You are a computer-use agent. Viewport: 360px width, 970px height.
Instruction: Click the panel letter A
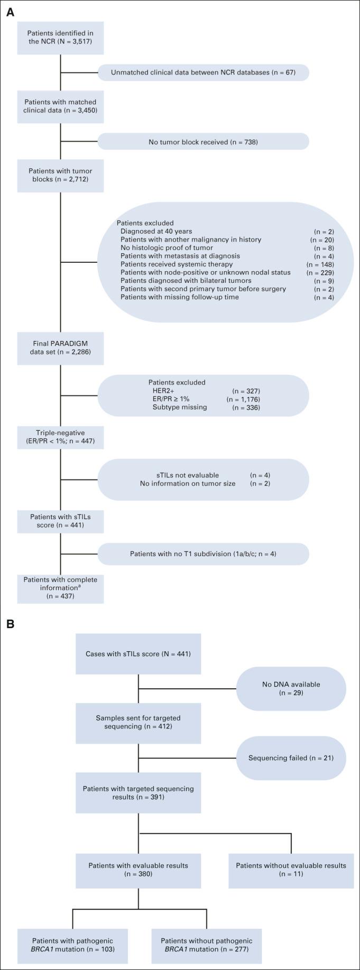pyautogui.click(x=10, y=12)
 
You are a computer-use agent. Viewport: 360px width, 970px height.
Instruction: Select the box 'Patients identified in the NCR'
pyautogui.click(x=60, y=38)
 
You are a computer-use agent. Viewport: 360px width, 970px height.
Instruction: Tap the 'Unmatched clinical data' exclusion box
pyautogui.click(x=203, y=72)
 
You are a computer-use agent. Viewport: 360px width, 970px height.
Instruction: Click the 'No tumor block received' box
pyautogui.click(x=203, y=142)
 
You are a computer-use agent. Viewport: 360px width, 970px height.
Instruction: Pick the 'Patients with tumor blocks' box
pyautogui.click(x=60, y=175)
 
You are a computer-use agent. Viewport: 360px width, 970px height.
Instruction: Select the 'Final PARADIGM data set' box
pyautogui.click(x=60, y=347)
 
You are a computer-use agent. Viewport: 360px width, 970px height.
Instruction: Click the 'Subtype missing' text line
pyautogui.click(x=180, y=408)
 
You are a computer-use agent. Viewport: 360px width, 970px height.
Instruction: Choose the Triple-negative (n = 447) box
pyautogui.click(x=60, y=437)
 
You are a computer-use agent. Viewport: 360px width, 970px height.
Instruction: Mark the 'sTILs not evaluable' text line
pyautogui.click(x=184, y=475)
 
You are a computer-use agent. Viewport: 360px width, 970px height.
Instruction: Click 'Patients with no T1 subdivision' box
pyautogui.click(x=203, y=554)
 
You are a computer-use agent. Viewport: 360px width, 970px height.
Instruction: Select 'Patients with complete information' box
pyautogui.click(x=60, y=587)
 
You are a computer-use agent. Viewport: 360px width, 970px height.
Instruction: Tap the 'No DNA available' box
pyautogui.click(x=291, y=688)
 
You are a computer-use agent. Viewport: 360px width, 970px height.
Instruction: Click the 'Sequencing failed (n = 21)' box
pyautogui.click(x=291, y=758)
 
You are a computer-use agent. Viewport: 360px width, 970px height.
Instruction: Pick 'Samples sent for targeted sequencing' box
pyautogui.click(x=138, y=722)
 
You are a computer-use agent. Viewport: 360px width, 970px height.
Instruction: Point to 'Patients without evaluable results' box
pyautogui.click(x=291, y=870)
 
